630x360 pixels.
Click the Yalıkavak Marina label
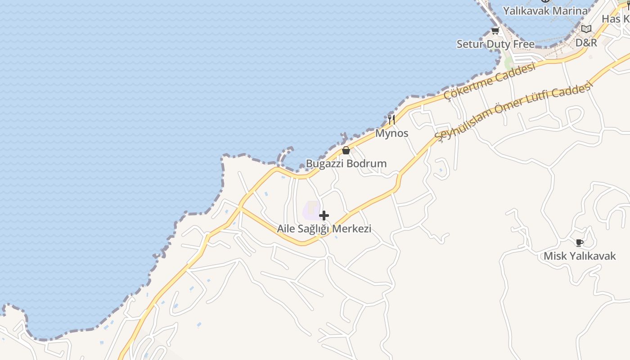point(545,10)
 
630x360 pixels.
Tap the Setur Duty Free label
point(495,44)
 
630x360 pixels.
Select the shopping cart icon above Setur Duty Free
point(495,31)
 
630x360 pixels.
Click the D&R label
point(586,43)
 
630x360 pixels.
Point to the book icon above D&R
point(586,29)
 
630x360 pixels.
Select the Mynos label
point(391,133)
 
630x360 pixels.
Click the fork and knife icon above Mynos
point(391,120)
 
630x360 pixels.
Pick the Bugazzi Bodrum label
point(346,163)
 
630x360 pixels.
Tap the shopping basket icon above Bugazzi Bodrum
point(346,150)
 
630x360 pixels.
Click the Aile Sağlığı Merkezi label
point(324,229)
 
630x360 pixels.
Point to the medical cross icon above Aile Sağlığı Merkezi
point(324,216)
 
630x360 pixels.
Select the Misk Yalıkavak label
point(580,256)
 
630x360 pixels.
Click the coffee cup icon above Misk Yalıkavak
point(580,243)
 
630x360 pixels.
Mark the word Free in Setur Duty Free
point(524,44)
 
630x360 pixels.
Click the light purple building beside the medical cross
point(311,210)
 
